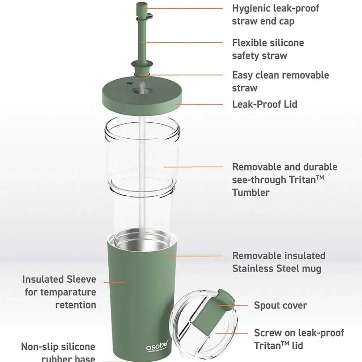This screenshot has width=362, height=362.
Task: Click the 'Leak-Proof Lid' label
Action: click(x=265, y=104)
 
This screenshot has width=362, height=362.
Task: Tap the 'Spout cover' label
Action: click(x=281, y=306)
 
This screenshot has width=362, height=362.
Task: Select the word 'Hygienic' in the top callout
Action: click(x=251, y=9)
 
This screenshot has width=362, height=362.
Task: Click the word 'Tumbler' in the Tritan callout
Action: click(x=251, y=193)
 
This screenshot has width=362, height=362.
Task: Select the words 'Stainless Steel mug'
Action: click(x=277, y=269)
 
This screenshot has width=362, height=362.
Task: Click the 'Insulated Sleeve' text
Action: click(x=59, y=279)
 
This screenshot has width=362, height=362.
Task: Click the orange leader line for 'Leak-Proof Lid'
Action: click(x=199, y=105)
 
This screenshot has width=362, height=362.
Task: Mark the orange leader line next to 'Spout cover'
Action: click(x=233, y=306)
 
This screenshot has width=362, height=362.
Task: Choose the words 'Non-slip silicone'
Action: click(x=58, y=347)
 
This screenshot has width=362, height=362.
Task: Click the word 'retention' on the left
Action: click(x=76, y=305)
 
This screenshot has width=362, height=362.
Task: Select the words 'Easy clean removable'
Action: click(x=281, y=76)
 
